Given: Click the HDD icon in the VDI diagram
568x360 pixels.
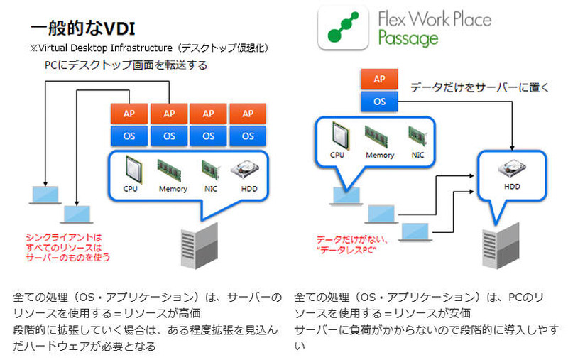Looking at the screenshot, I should (x=249, y=171).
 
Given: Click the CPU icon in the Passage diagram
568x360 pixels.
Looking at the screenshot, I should (x=339, y=134).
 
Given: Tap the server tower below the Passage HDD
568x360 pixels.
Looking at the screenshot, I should (x=499, y=249).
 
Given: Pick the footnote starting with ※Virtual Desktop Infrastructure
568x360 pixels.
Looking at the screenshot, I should (x=149, y=48).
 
